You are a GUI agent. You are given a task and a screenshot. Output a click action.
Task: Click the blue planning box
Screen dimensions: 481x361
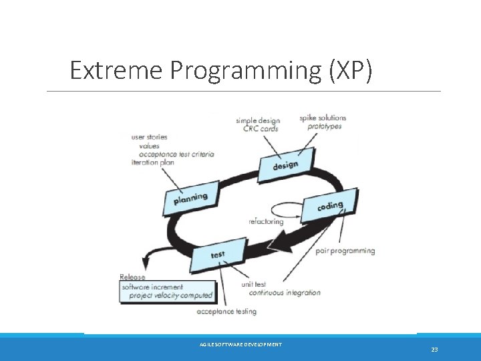pos(190,199)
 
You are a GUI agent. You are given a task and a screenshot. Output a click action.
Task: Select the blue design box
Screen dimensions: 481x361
pos(285,165)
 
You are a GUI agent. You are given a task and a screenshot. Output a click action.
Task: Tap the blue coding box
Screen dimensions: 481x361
pos(330,207)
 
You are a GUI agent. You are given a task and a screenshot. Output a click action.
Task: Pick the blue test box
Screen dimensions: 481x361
pos(217,255)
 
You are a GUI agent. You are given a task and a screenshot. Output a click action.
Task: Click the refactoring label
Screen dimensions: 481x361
pos(266,221)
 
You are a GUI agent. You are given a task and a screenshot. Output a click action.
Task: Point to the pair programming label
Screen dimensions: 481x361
pos(345,251)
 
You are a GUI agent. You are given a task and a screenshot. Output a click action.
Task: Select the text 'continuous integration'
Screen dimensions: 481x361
pos(284,293)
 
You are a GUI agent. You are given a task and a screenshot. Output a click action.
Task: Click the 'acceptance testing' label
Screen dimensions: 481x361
pos(226,312)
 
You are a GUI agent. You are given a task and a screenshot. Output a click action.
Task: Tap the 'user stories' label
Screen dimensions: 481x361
pos(150,137)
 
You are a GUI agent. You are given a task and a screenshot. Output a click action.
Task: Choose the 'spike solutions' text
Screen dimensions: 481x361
pos(323,118)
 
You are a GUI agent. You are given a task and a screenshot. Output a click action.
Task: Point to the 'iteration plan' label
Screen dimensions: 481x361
pos(154,162)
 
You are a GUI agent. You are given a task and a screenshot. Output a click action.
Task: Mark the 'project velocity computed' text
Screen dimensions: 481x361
pos(171,295)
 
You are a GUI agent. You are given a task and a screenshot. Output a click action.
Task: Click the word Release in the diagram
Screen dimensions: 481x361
pos(132,277)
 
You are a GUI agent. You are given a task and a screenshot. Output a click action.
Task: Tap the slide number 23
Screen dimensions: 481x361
pos(434,350)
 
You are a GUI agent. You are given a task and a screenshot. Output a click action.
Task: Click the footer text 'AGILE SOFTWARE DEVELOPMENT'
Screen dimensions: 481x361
pos(240,344)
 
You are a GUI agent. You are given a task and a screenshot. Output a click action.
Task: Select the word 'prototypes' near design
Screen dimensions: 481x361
pos(325,126)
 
